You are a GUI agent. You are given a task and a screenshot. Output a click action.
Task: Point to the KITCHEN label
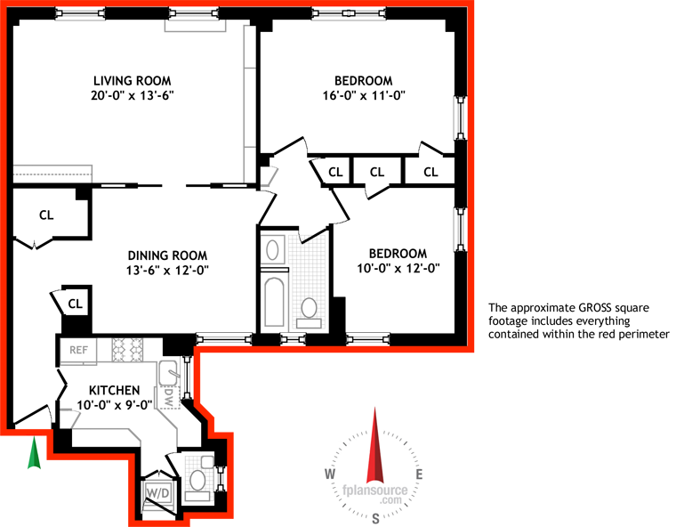[x=114, y=390]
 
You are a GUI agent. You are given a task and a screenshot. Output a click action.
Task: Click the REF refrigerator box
[x=78, y=350]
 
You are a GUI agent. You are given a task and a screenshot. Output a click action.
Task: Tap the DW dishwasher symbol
[x=168, y=392]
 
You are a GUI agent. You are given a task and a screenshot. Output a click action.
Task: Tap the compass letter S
[x=376, y=517]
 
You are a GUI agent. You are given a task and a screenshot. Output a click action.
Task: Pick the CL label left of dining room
[x=47, y=215]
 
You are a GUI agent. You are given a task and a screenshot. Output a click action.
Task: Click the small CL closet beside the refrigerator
[x=76, y=304]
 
